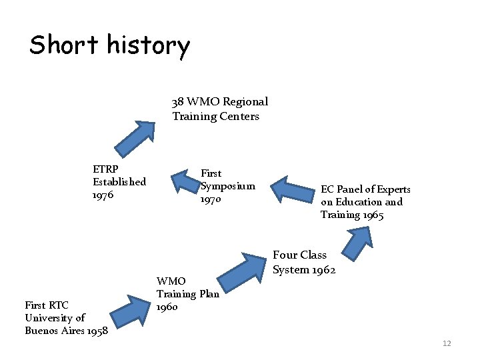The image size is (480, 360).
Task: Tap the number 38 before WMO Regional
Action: click(178, 102)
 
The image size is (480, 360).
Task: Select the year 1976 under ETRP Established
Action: click(104, 195)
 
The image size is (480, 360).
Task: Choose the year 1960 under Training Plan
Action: click(167, 307)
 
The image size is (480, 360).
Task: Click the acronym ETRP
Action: click(106, 169)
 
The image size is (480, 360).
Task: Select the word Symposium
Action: click(228, 186)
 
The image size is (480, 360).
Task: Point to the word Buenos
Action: click(42, 331)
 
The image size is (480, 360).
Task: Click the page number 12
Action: click(447, 343)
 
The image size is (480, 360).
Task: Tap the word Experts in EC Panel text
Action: click(393, 189)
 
